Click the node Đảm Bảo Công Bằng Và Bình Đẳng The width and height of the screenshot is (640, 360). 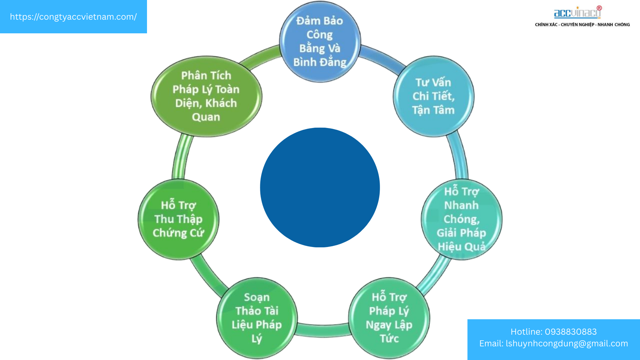[x=320, y=41]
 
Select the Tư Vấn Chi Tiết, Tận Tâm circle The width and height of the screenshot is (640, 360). [x=433, y=96]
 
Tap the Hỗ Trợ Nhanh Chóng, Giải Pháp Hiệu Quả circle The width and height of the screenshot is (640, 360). [x=461, y=219]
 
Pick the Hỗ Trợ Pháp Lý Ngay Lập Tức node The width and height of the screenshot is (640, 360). [x=389, y=318]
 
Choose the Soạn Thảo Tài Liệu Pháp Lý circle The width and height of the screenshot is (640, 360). [x=257, y=318]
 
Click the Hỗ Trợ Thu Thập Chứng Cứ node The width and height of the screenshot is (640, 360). [x=178, y=219]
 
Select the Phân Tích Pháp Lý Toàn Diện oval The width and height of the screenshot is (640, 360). [x=206, y=96]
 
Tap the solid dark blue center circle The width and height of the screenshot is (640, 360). [x=320, y=187]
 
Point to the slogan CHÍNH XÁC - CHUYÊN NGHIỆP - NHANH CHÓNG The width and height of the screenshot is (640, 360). [x=582, y=25]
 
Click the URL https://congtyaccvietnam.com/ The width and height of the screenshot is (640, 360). [x=73, y=17]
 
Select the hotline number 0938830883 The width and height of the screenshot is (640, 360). [x=571, y=332]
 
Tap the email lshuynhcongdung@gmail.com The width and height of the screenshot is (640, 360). [x=567, y=343]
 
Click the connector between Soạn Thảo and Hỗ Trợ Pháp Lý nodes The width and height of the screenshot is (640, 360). [x=322, y=330]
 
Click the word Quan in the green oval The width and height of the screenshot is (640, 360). [x=206, y=117]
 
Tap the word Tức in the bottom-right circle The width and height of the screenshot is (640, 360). [x=389, y=339]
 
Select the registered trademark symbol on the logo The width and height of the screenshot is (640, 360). [x=599, y=8]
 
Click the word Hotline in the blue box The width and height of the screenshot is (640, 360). [x=526, y=332]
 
